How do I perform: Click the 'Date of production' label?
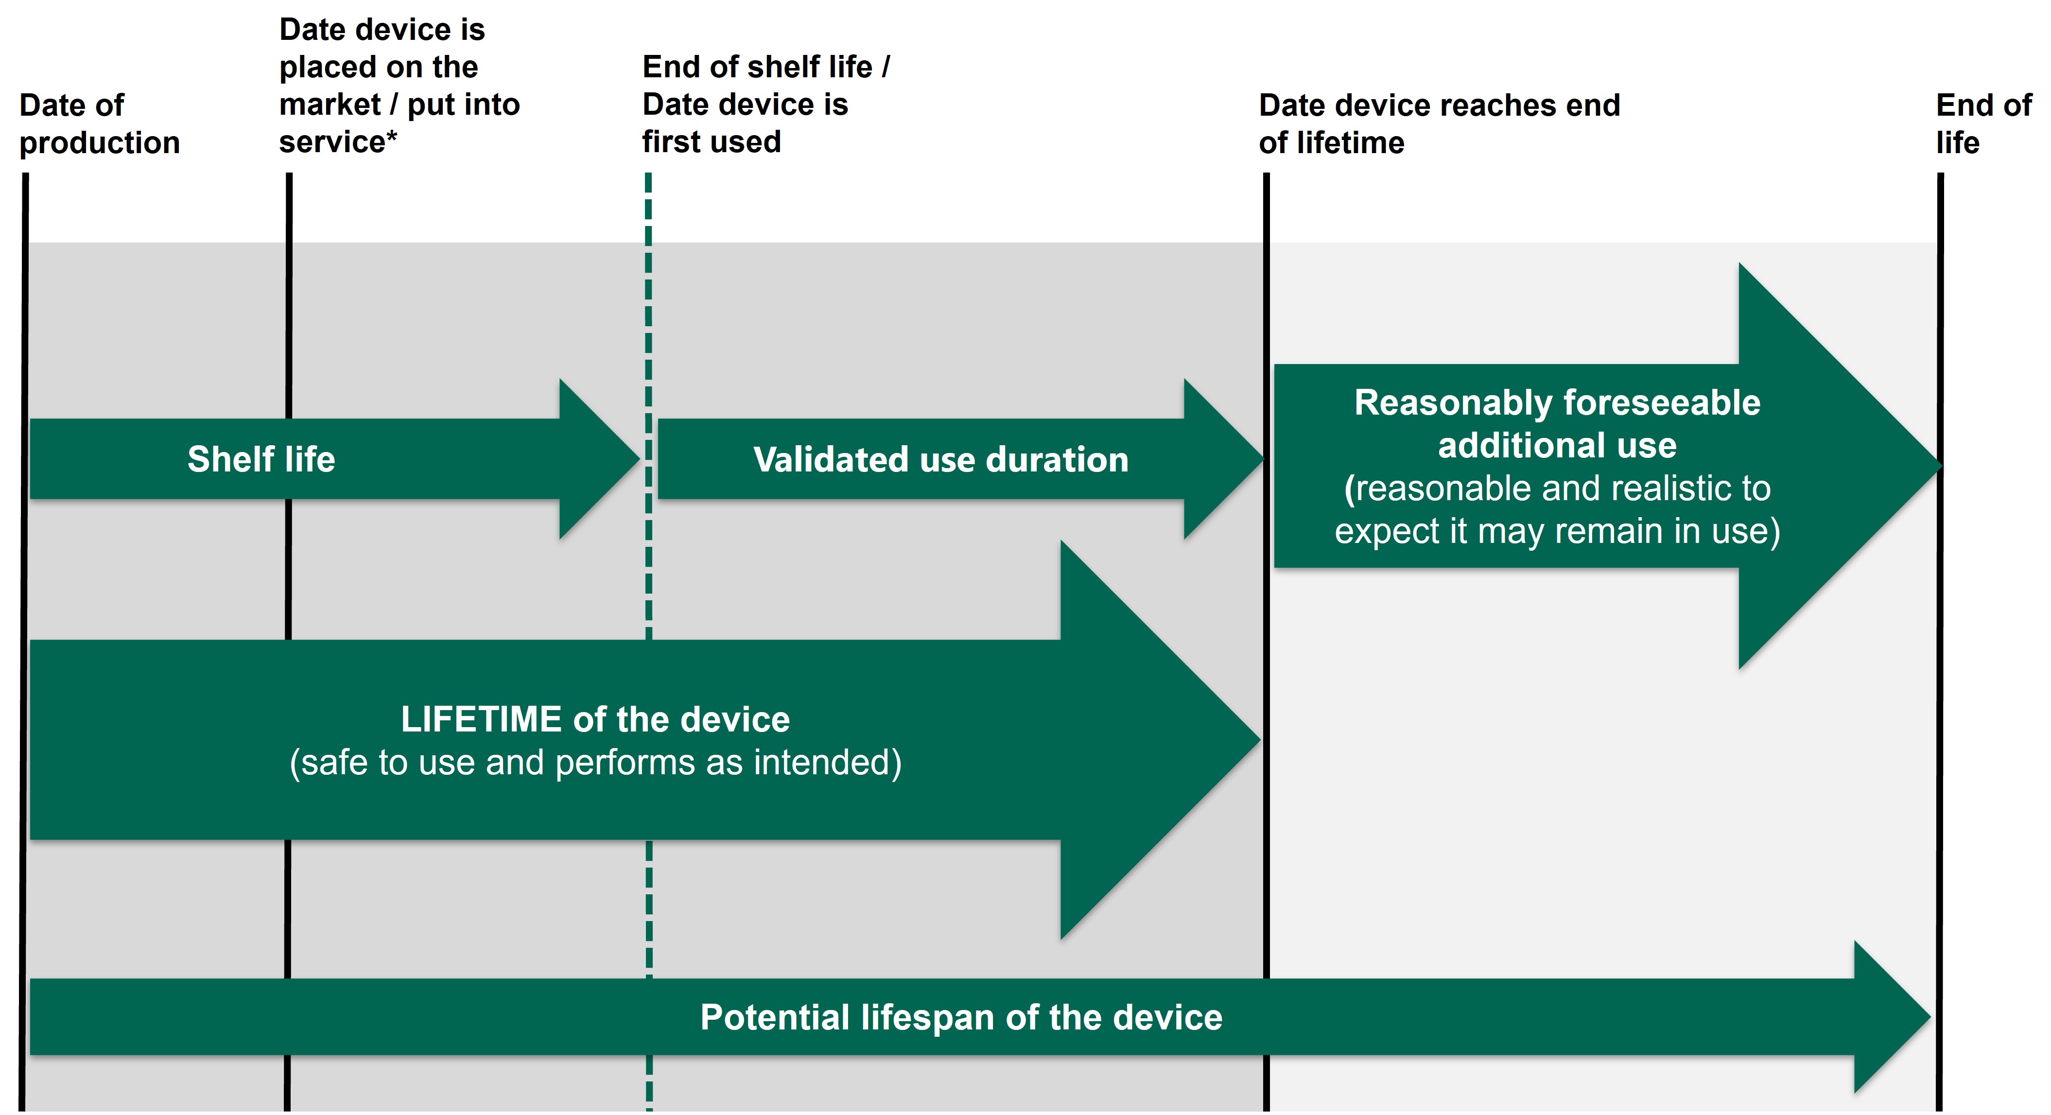point(100,124)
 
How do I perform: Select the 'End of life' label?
point(1983,124)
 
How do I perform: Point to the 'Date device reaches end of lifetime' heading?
point(1439,124)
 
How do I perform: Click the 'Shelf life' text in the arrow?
point(261,459)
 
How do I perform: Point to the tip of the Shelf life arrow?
point(640,459)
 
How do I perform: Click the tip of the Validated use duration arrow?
point(1264,459)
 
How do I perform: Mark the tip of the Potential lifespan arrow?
point(1931,1017)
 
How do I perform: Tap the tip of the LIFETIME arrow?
point(1260,740)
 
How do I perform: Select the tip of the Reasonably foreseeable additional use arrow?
point(1942,466)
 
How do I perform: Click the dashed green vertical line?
point(649,641)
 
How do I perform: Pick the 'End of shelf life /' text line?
point(766,67)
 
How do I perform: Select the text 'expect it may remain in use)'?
point(1557,531)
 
